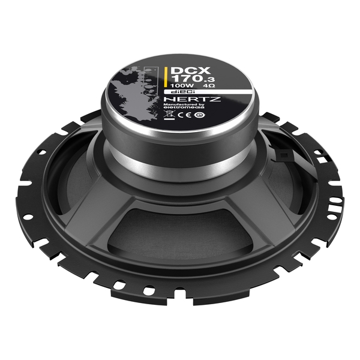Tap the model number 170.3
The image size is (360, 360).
tap(182, 78)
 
